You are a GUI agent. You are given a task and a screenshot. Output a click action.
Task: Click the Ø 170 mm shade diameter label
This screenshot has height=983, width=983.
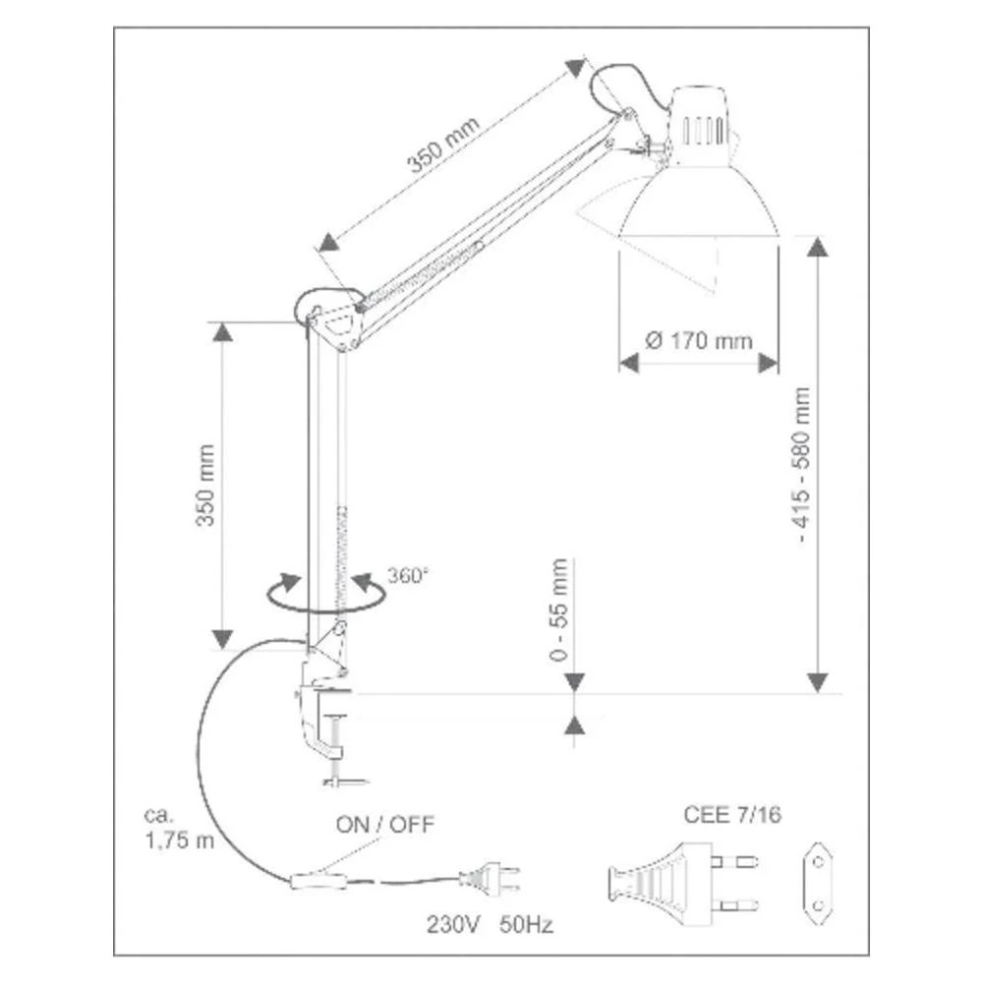[x=698, y=341]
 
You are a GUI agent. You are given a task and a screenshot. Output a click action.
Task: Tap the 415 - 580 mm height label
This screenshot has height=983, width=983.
[x=802, y=465]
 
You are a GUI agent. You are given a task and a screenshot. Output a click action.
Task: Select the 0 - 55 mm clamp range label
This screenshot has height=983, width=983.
[x=558, y=609]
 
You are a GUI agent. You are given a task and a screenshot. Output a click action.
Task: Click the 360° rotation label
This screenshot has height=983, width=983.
[x=408, y=575]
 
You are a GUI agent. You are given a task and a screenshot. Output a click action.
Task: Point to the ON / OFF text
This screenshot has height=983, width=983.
[x=385, y=825]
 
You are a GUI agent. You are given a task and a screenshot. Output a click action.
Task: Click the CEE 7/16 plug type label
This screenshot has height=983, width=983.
[x=732, y=814]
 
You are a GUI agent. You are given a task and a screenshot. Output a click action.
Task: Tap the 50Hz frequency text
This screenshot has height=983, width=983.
[x=527, y=924]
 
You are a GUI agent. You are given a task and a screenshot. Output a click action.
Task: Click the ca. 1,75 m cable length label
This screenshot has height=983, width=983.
[x=179, y=828]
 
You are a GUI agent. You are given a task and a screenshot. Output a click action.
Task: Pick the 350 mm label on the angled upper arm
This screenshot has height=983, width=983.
[x=443, y=145]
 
